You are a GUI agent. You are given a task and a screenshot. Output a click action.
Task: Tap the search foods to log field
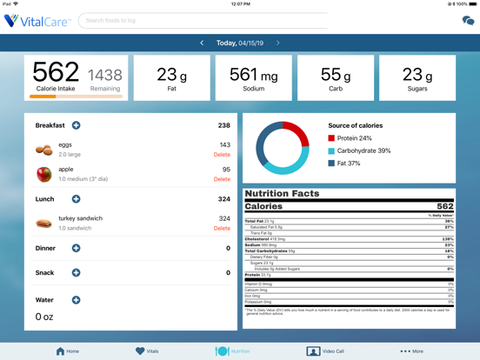(217, 20)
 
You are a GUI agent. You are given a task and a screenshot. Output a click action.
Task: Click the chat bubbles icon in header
(468, 20)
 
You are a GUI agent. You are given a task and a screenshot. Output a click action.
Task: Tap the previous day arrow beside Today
(202, 43)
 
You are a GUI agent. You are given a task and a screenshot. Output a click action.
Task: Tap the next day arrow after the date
(278, 43)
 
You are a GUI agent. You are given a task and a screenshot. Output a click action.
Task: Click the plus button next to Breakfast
(77, 125)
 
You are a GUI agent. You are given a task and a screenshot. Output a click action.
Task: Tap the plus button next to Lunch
(77, 199)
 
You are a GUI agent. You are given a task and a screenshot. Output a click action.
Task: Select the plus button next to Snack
(77, 272)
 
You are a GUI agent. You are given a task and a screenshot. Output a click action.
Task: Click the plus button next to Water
(77, 300)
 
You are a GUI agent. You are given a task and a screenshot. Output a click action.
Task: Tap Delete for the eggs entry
(222, 155)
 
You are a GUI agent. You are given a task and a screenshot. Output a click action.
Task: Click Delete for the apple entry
(222, 179)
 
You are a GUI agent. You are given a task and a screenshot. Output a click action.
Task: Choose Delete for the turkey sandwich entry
(222, 229)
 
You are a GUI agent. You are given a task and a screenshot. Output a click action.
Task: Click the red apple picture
(43, 174)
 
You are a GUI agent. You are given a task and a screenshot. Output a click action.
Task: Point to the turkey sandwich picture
(43, 223)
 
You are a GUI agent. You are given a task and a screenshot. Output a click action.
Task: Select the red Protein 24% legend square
(331, 138)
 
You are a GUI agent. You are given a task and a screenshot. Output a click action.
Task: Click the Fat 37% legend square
(331, 163)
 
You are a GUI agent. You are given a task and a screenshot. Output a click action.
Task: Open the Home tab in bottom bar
(67, 351)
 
